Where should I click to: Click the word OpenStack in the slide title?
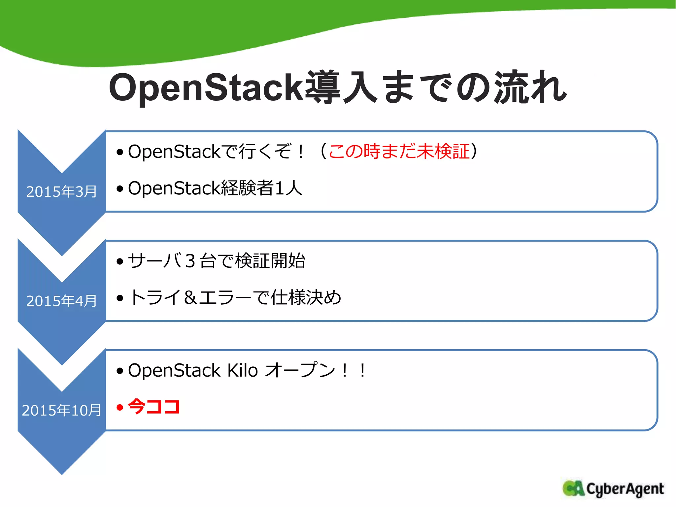coord(206,87)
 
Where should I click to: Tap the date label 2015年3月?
coord(61,192)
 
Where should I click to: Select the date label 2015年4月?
coord(61,301)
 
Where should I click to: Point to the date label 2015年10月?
coord(61,410)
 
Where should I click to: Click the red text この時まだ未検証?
coord(399,152)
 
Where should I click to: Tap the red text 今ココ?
coord(154,407)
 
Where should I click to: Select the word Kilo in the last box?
coord(243,370)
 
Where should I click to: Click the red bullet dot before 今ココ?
coord(120,407)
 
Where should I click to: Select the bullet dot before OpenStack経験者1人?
coord(120,189)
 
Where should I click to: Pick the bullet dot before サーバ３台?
coord(120,262)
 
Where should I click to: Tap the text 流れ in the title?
coord(530,87)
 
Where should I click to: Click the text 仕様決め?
coord(306,297)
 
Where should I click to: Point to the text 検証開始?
coord(270,261)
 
